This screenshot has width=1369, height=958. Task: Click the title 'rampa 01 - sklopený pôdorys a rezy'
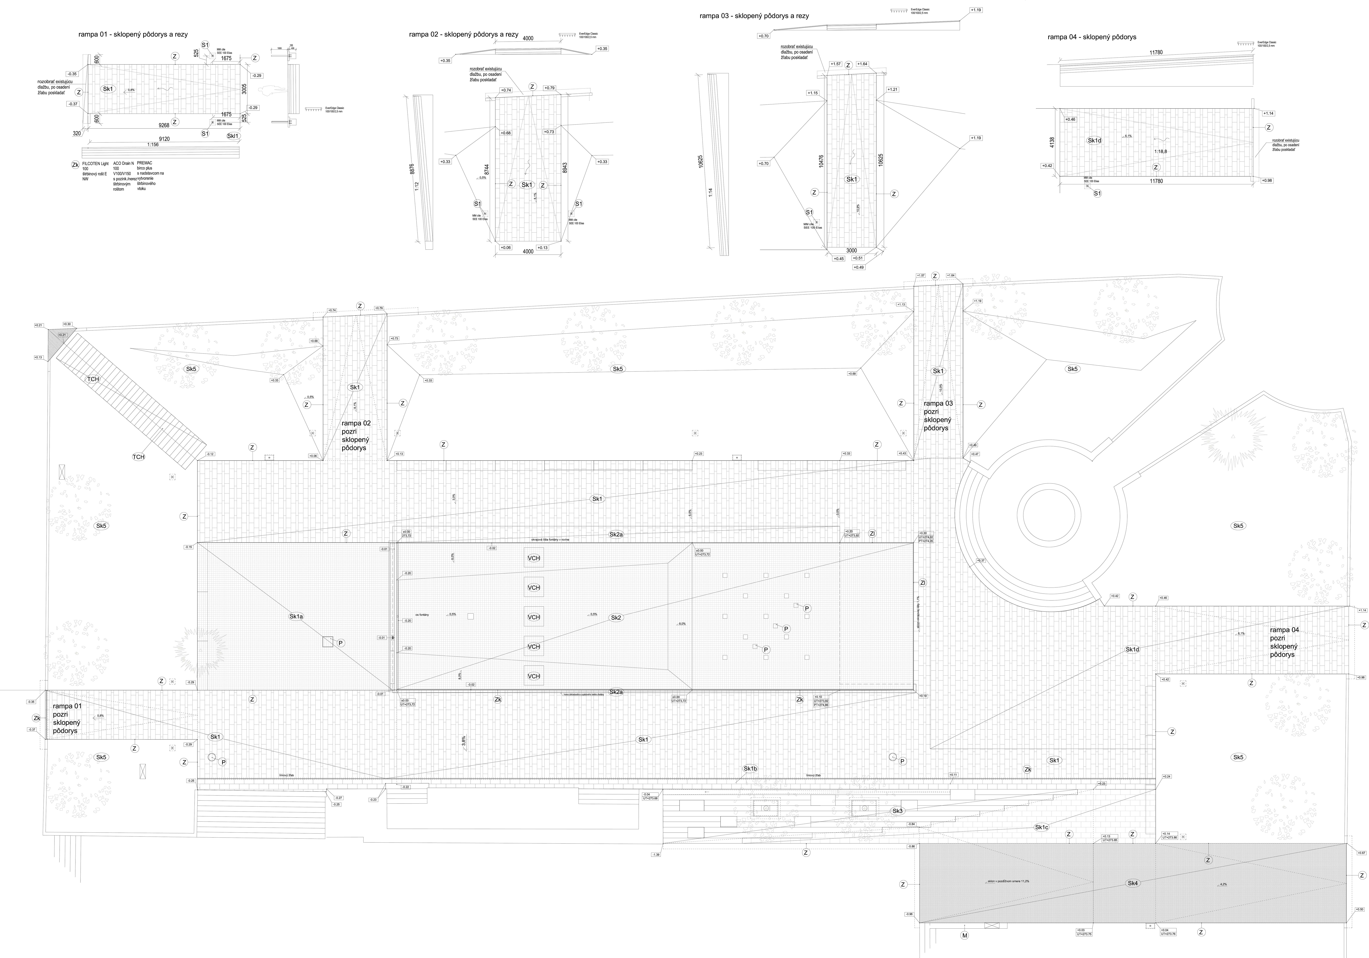[x=133, y=35]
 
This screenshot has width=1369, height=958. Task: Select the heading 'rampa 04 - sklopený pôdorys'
[x=1092, y=37]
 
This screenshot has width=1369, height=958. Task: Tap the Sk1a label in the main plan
[x=296, y=616]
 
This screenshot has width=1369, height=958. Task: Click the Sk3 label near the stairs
[x=897, y=811]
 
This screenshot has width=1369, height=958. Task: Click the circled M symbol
[x=965, y=935]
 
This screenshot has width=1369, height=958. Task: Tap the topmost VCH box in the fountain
[x=534, y=558]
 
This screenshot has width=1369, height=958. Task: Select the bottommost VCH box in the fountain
[x=534, y=676]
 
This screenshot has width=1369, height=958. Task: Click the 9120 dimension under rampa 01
[x=164, y=139]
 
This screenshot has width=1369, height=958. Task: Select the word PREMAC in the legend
[x=144, y=163]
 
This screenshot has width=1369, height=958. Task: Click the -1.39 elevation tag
[x=656, y=854]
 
